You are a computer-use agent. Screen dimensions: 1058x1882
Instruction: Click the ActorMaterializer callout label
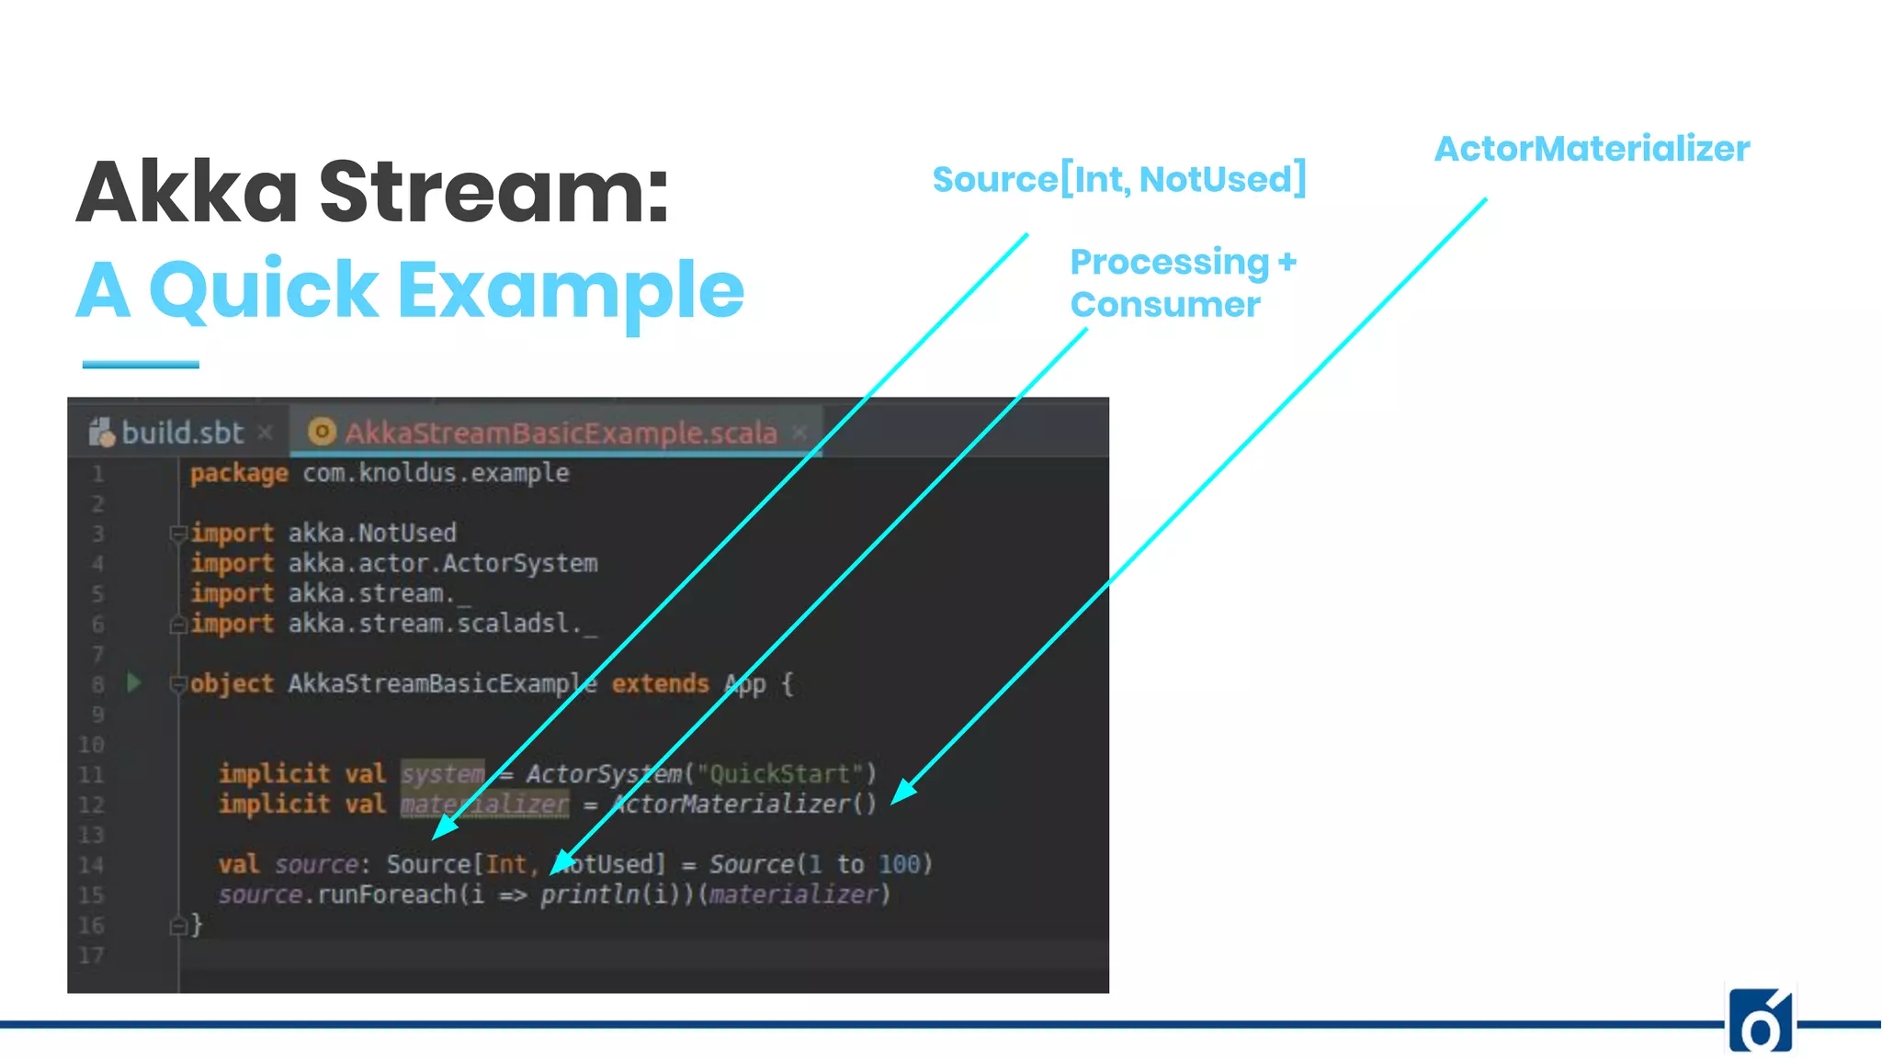pyautogui.click(x=1592, y=149)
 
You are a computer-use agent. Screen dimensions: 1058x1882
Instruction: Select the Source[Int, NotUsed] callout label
pyautogui.click(x=1118, y=179)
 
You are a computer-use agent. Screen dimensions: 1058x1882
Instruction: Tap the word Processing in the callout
pyautogui.click(x=1170, y=263)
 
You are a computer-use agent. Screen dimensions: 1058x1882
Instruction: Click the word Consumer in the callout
pyautogui.click(x=1165, y=305)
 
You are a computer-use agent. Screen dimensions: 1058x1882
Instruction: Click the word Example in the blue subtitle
pyautogui.click(x=571, y=290)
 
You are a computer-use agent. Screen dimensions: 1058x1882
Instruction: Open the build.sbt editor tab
pyautogui.click(x=182, y=433)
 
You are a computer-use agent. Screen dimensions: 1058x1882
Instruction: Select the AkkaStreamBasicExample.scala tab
pyautogui.click(x=560, y=433)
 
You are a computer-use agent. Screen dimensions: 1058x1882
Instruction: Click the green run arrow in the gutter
pyautogui.click(x=134, y=682)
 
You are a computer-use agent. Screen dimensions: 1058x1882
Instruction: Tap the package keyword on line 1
pyautogui.click(x=239, y=473)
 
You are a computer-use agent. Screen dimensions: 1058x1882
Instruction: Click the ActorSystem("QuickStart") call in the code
pyautogui.click(x=700, y=774)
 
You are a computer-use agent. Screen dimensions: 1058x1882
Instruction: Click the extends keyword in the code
pyautogui.click(x=660, y=683)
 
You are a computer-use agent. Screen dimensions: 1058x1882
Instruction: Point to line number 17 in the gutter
pyautogui.click(x=91, y=955)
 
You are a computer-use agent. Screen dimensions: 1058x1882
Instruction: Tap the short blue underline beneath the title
pyautogui.click(x=141, y=365)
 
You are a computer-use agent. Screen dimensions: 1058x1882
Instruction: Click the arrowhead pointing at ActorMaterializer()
pyautogui.click(x=903, y=792)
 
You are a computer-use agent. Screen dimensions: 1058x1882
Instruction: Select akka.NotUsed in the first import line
pyautogui.click(x=372, y=533)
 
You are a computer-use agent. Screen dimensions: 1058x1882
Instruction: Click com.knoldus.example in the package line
pyautogui.click(x=436, y=473)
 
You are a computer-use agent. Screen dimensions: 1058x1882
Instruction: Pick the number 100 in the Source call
pyautogui.click(x=899, y=864)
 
